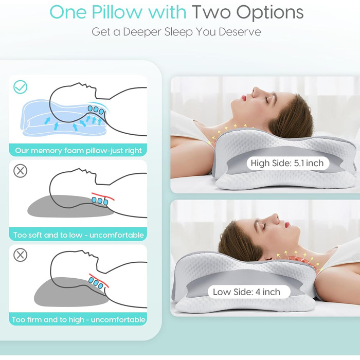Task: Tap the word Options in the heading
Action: pyautogui.click(x=270, y=13)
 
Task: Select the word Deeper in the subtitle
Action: pyautogui.click(x=142, y=32)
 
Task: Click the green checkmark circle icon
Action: pyautogui.click(x=20, y=87)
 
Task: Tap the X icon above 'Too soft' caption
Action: pyautogui.click(x=20, y=171)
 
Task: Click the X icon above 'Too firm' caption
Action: pyautogui.click(x=20, y=255)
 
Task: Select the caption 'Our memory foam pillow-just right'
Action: pyautogui.click(x=78, y=151)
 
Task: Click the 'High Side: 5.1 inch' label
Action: pyautogui.click(x=287, y=163)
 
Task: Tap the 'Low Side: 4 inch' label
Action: pyautogui.click(x=246, y=292)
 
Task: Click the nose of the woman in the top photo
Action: pyautogui.click(x=256, y=91)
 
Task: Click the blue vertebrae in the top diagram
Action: pyautogui.click(x=96, y=110)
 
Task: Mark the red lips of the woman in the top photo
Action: pyautogui.click(x=244, y=99)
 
